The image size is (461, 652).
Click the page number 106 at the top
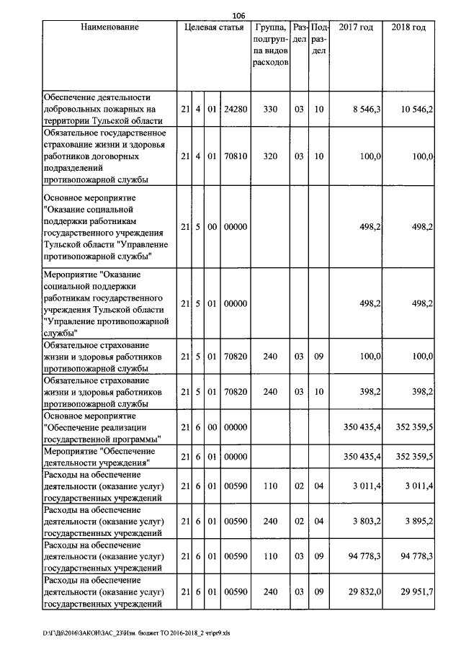pos(239,14)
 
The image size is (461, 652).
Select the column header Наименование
pos(109,27)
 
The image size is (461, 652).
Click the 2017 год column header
pos(356,27)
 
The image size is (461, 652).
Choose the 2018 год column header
pos(408,27)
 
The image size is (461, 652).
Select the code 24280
pos(236,110)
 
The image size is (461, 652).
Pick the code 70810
pos(236,156)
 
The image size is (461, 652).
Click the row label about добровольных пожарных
pos(108,110)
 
